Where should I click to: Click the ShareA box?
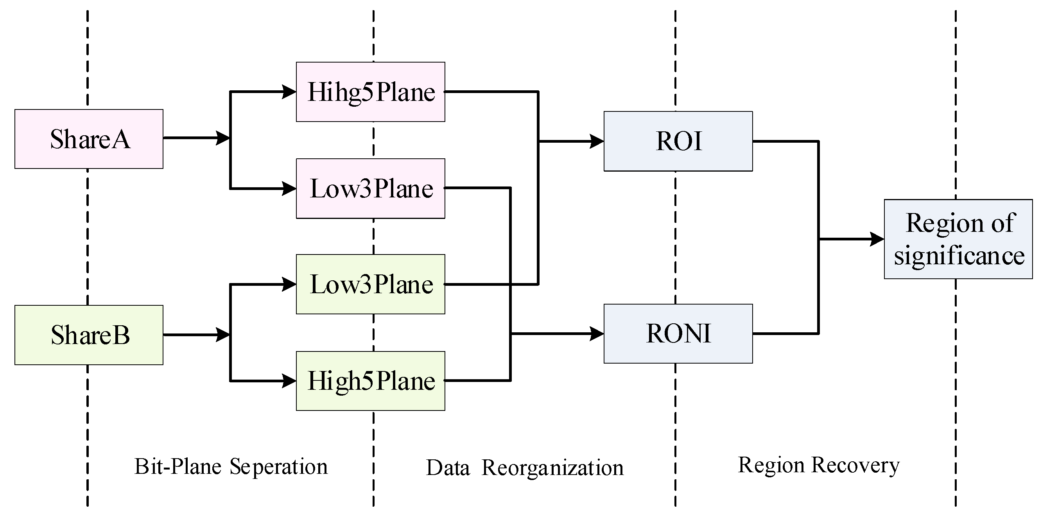[89, 139]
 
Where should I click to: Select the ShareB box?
[89, 335]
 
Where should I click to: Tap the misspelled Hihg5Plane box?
[370, 92]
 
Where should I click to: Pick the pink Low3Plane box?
[370, 188]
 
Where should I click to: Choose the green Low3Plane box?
[370, 284]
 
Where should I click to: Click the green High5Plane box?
[370, 381]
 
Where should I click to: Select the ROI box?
[678, 141]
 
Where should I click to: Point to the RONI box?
[678, 334]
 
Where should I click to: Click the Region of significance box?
[958, 239]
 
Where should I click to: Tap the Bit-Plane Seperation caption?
[231, 467]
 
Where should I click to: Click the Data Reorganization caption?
[524, 468]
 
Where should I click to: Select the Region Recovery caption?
[818, 465]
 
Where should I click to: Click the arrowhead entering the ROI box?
[596, 141]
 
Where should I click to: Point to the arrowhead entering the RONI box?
[596, 334]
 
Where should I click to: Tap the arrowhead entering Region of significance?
[877, 239]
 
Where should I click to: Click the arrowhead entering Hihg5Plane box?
[289, 92]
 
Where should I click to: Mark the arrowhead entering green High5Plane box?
[289, 381]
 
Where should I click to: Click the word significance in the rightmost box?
[959, 256]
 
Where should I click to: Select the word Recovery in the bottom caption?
[855, 465]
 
